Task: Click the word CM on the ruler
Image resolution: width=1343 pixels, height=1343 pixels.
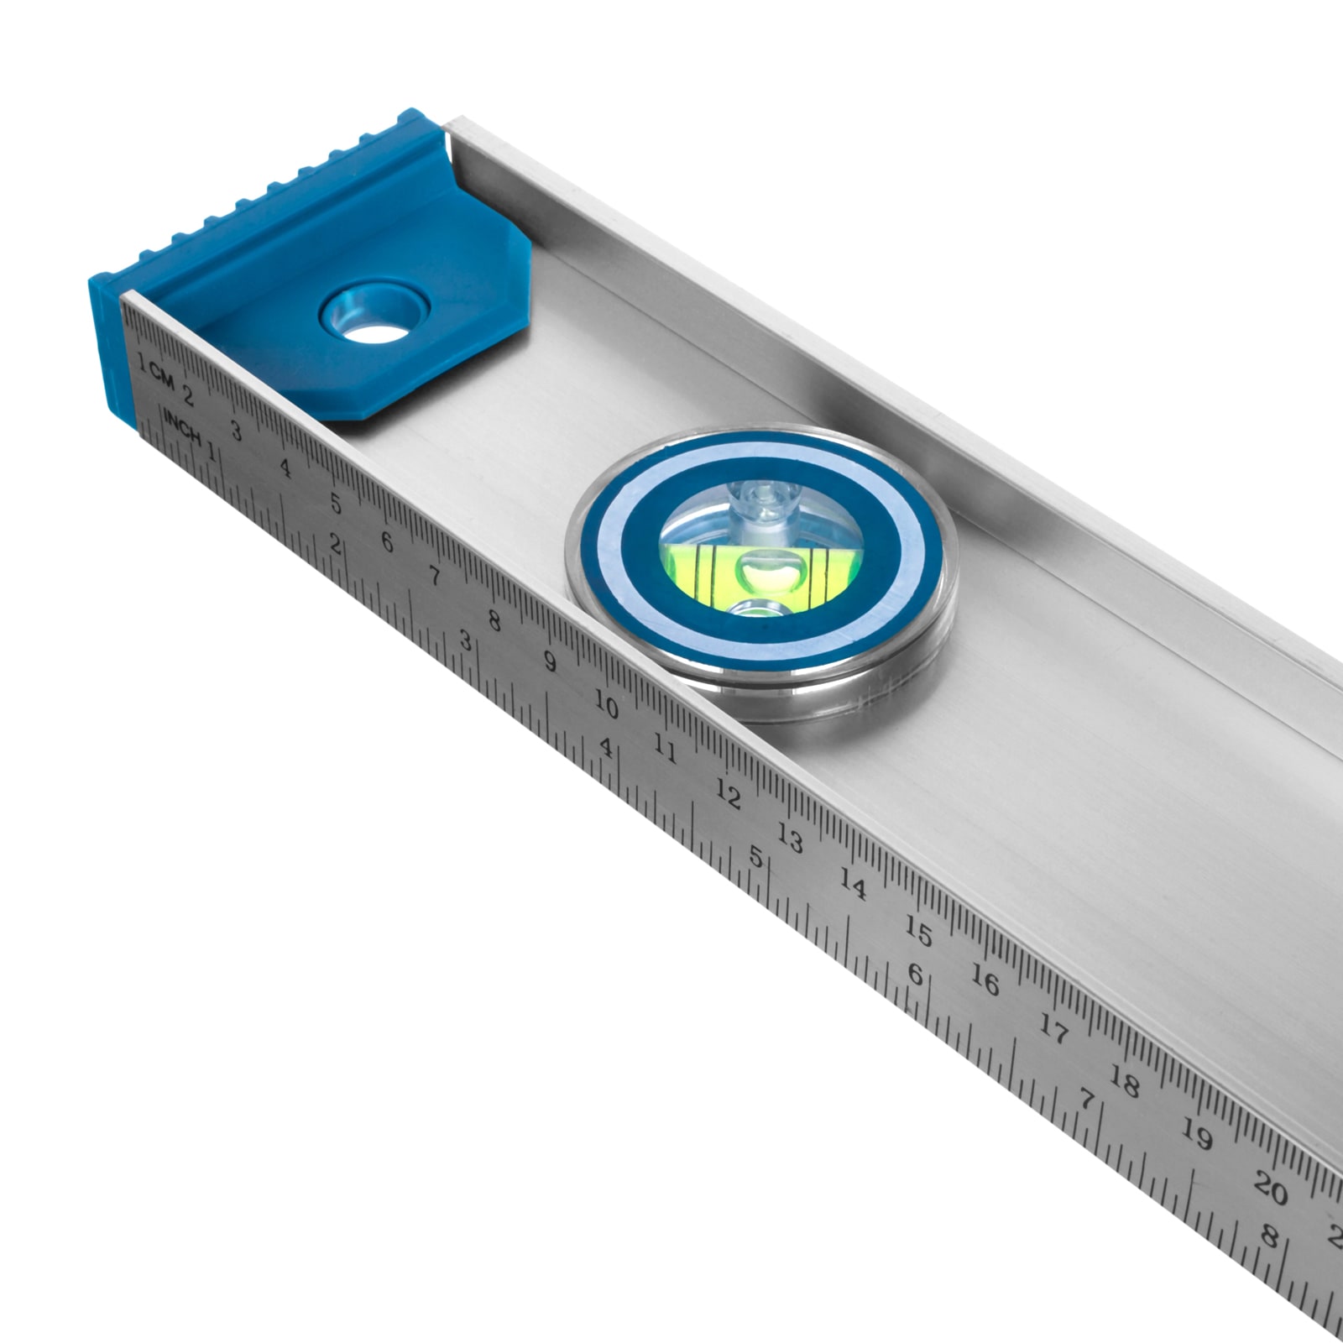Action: coord(162,379)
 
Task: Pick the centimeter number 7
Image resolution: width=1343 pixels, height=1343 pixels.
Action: coord(435,577)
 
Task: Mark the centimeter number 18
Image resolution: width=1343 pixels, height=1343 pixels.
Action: coord(1125,1084)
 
